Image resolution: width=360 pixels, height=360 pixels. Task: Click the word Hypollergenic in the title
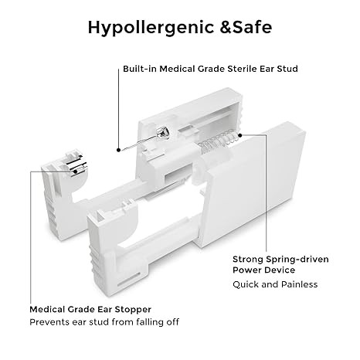tap(151, 28)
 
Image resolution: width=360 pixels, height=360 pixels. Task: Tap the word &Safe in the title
tap(246, 27)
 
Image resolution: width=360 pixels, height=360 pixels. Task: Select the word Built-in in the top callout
tap(140, 69)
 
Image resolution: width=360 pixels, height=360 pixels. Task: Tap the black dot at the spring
tap(240, 135)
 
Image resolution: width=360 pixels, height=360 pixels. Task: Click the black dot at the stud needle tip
tap(118, 150)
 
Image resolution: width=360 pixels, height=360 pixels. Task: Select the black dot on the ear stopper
tap(76, 172)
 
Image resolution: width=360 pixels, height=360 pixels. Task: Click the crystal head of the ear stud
tap(164, 133)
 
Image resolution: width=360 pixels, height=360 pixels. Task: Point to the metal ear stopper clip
tap(77, 165)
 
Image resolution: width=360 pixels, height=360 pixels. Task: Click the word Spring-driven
tap(297, 260)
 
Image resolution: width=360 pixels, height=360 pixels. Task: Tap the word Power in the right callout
tap(246, 270)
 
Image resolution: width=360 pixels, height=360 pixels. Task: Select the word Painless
tap(300, 284)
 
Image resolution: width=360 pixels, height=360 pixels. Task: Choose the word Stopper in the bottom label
tap(133, 310)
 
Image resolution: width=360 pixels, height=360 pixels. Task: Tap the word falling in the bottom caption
tap(150, 322)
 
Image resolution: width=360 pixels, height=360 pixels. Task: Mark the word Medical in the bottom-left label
tap(47, 309)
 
